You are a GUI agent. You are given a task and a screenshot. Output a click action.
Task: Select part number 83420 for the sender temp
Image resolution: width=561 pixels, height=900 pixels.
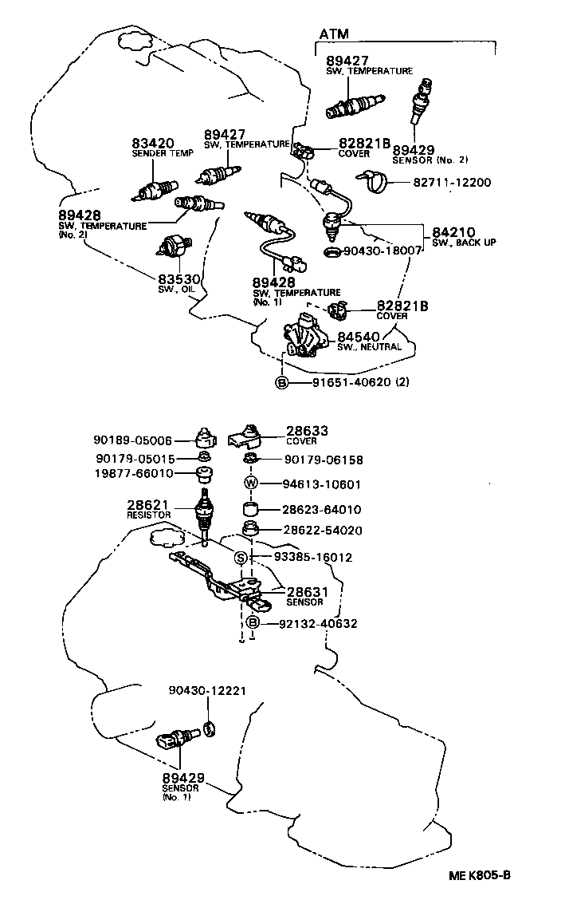153,143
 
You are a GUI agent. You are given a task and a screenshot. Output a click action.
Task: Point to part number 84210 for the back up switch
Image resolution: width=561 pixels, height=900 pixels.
453,232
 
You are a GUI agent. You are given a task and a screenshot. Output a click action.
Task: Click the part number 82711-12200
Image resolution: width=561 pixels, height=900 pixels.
451,183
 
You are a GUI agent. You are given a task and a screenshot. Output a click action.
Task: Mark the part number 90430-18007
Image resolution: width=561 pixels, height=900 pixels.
382,251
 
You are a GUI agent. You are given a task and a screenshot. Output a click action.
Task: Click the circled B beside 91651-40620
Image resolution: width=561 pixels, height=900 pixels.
281,382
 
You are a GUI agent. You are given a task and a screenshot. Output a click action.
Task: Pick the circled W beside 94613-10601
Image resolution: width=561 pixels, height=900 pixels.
251,484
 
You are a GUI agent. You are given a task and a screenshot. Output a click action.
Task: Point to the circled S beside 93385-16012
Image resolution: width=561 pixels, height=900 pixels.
240,557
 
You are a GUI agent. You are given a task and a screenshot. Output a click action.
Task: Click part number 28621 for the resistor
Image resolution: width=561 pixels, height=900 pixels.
145,505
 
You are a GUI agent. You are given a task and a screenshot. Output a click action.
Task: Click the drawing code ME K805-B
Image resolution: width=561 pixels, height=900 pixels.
477,874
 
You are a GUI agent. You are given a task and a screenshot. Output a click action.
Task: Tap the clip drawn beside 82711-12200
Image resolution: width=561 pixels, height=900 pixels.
373,183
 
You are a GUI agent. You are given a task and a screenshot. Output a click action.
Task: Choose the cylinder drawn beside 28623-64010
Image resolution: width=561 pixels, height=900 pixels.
252,509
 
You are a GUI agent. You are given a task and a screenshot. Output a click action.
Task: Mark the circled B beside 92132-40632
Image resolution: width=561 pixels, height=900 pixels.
252,623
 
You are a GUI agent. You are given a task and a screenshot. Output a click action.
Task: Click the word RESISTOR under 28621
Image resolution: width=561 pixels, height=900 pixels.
148,515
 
